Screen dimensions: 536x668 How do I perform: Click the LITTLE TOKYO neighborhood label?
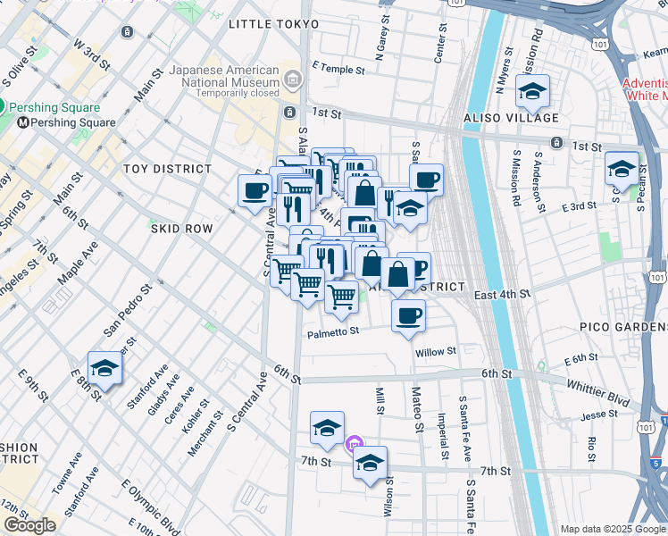tap(273, 24)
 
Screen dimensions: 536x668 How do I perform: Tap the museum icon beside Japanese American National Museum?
tap(292, 82)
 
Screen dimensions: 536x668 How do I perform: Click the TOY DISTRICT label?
tap(168, 169)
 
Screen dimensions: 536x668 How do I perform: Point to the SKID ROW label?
tap(181, 229)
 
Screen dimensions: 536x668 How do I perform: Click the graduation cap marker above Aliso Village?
tap(532, 91)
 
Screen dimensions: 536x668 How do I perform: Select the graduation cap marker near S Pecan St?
tap(622, 167)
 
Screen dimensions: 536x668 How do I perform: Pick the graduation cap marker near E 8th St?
tap(104, 368)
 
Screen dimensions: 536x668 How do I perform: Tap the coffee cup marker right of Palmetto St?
tap(408, 315)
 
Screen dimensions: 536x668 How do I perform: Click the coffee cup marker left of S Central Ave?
tap(255, 190)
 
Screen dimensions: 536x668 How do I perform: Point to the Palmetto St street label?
tap(333, 331)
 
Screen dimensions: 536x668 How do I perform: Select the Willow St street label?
tap(436, 351)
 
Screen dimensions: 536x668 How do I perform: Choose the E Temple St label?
tap(338, 69)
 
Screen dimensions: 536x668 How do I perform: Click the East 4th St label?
tap(502, 294)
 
